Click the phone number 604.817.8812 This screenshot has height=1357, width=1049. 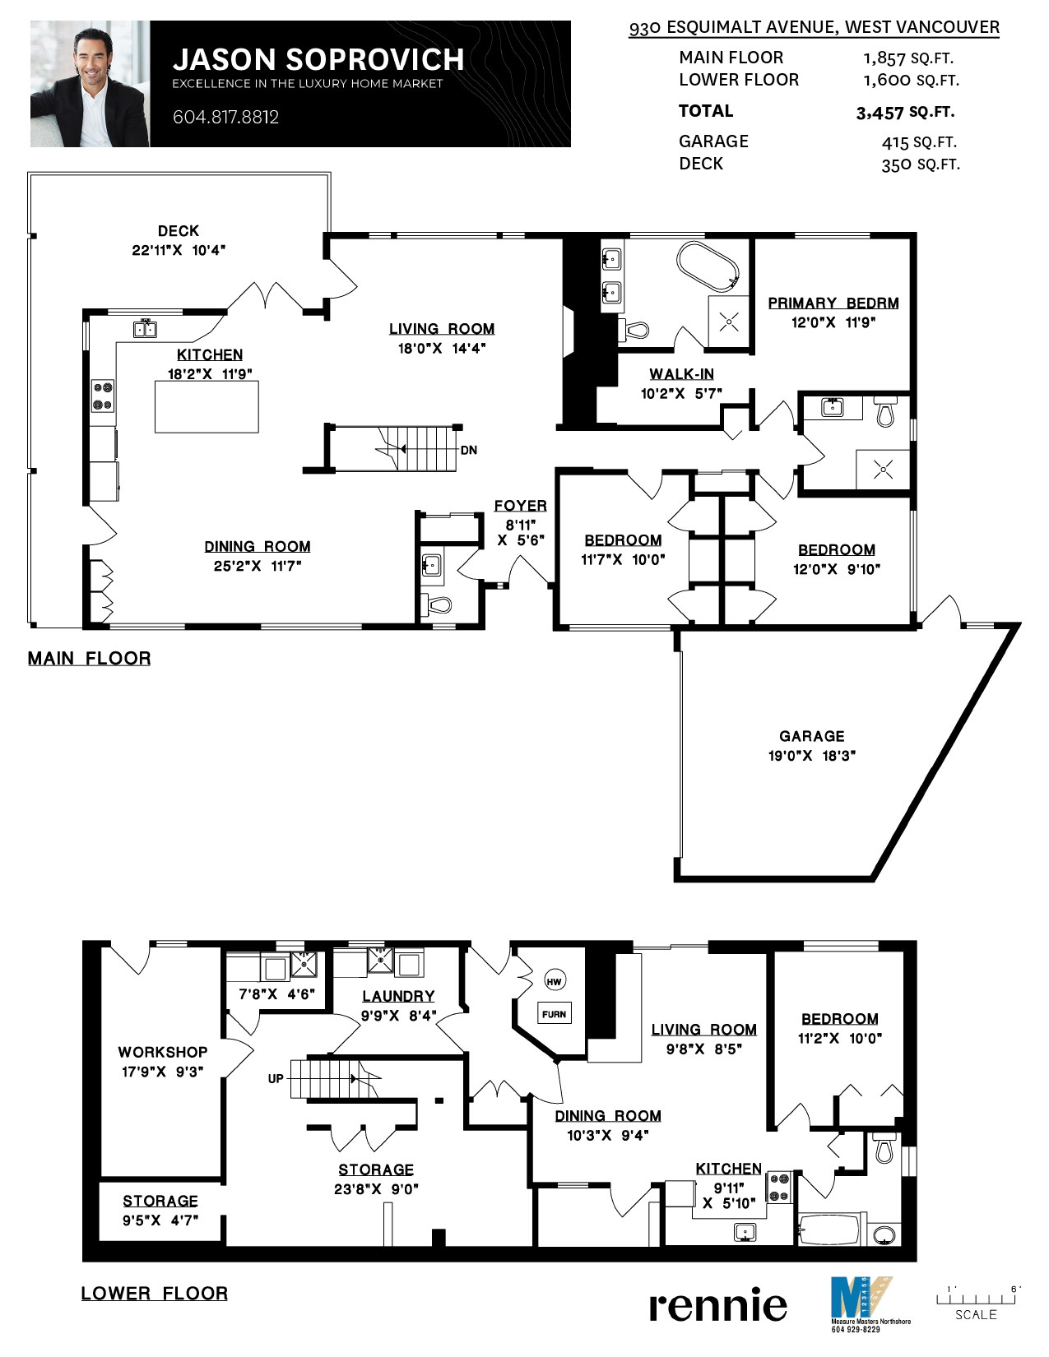coord(225,117)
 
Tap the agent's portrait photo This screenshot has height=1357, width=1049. coord(90,84)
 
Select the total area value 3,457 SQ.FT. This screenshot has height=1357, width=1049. coord(905,113)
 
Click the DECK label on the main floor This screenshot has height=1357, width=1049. coord(178,230)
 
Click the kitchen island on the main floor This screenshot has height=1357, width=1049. coord(207,406)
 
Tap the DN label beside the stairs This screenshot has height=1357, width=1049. coord(469,450)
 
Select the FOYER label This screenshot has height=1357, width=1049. coord(521,505)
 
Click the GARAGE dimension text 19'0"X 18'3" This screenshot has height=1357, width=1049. coord(811,755)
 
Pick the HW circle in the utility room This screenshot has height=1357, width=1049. coord(554,982)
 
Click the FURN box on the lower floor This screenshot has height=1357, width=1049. coord(554,1014)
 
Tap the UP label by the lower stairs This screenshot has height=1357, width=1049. coord(276,1078)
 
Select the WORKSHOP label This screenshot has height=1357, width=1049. coord(162,1052)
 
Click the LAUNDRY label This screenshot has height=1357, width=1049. coord(398,996)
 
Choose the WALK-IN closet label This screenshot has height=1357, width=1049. coord(681,373)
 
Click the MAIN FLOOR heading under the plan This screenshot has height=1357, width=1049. coord(90,658)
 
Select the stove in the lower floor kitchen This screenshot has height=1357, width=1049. coord(780,1187)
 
